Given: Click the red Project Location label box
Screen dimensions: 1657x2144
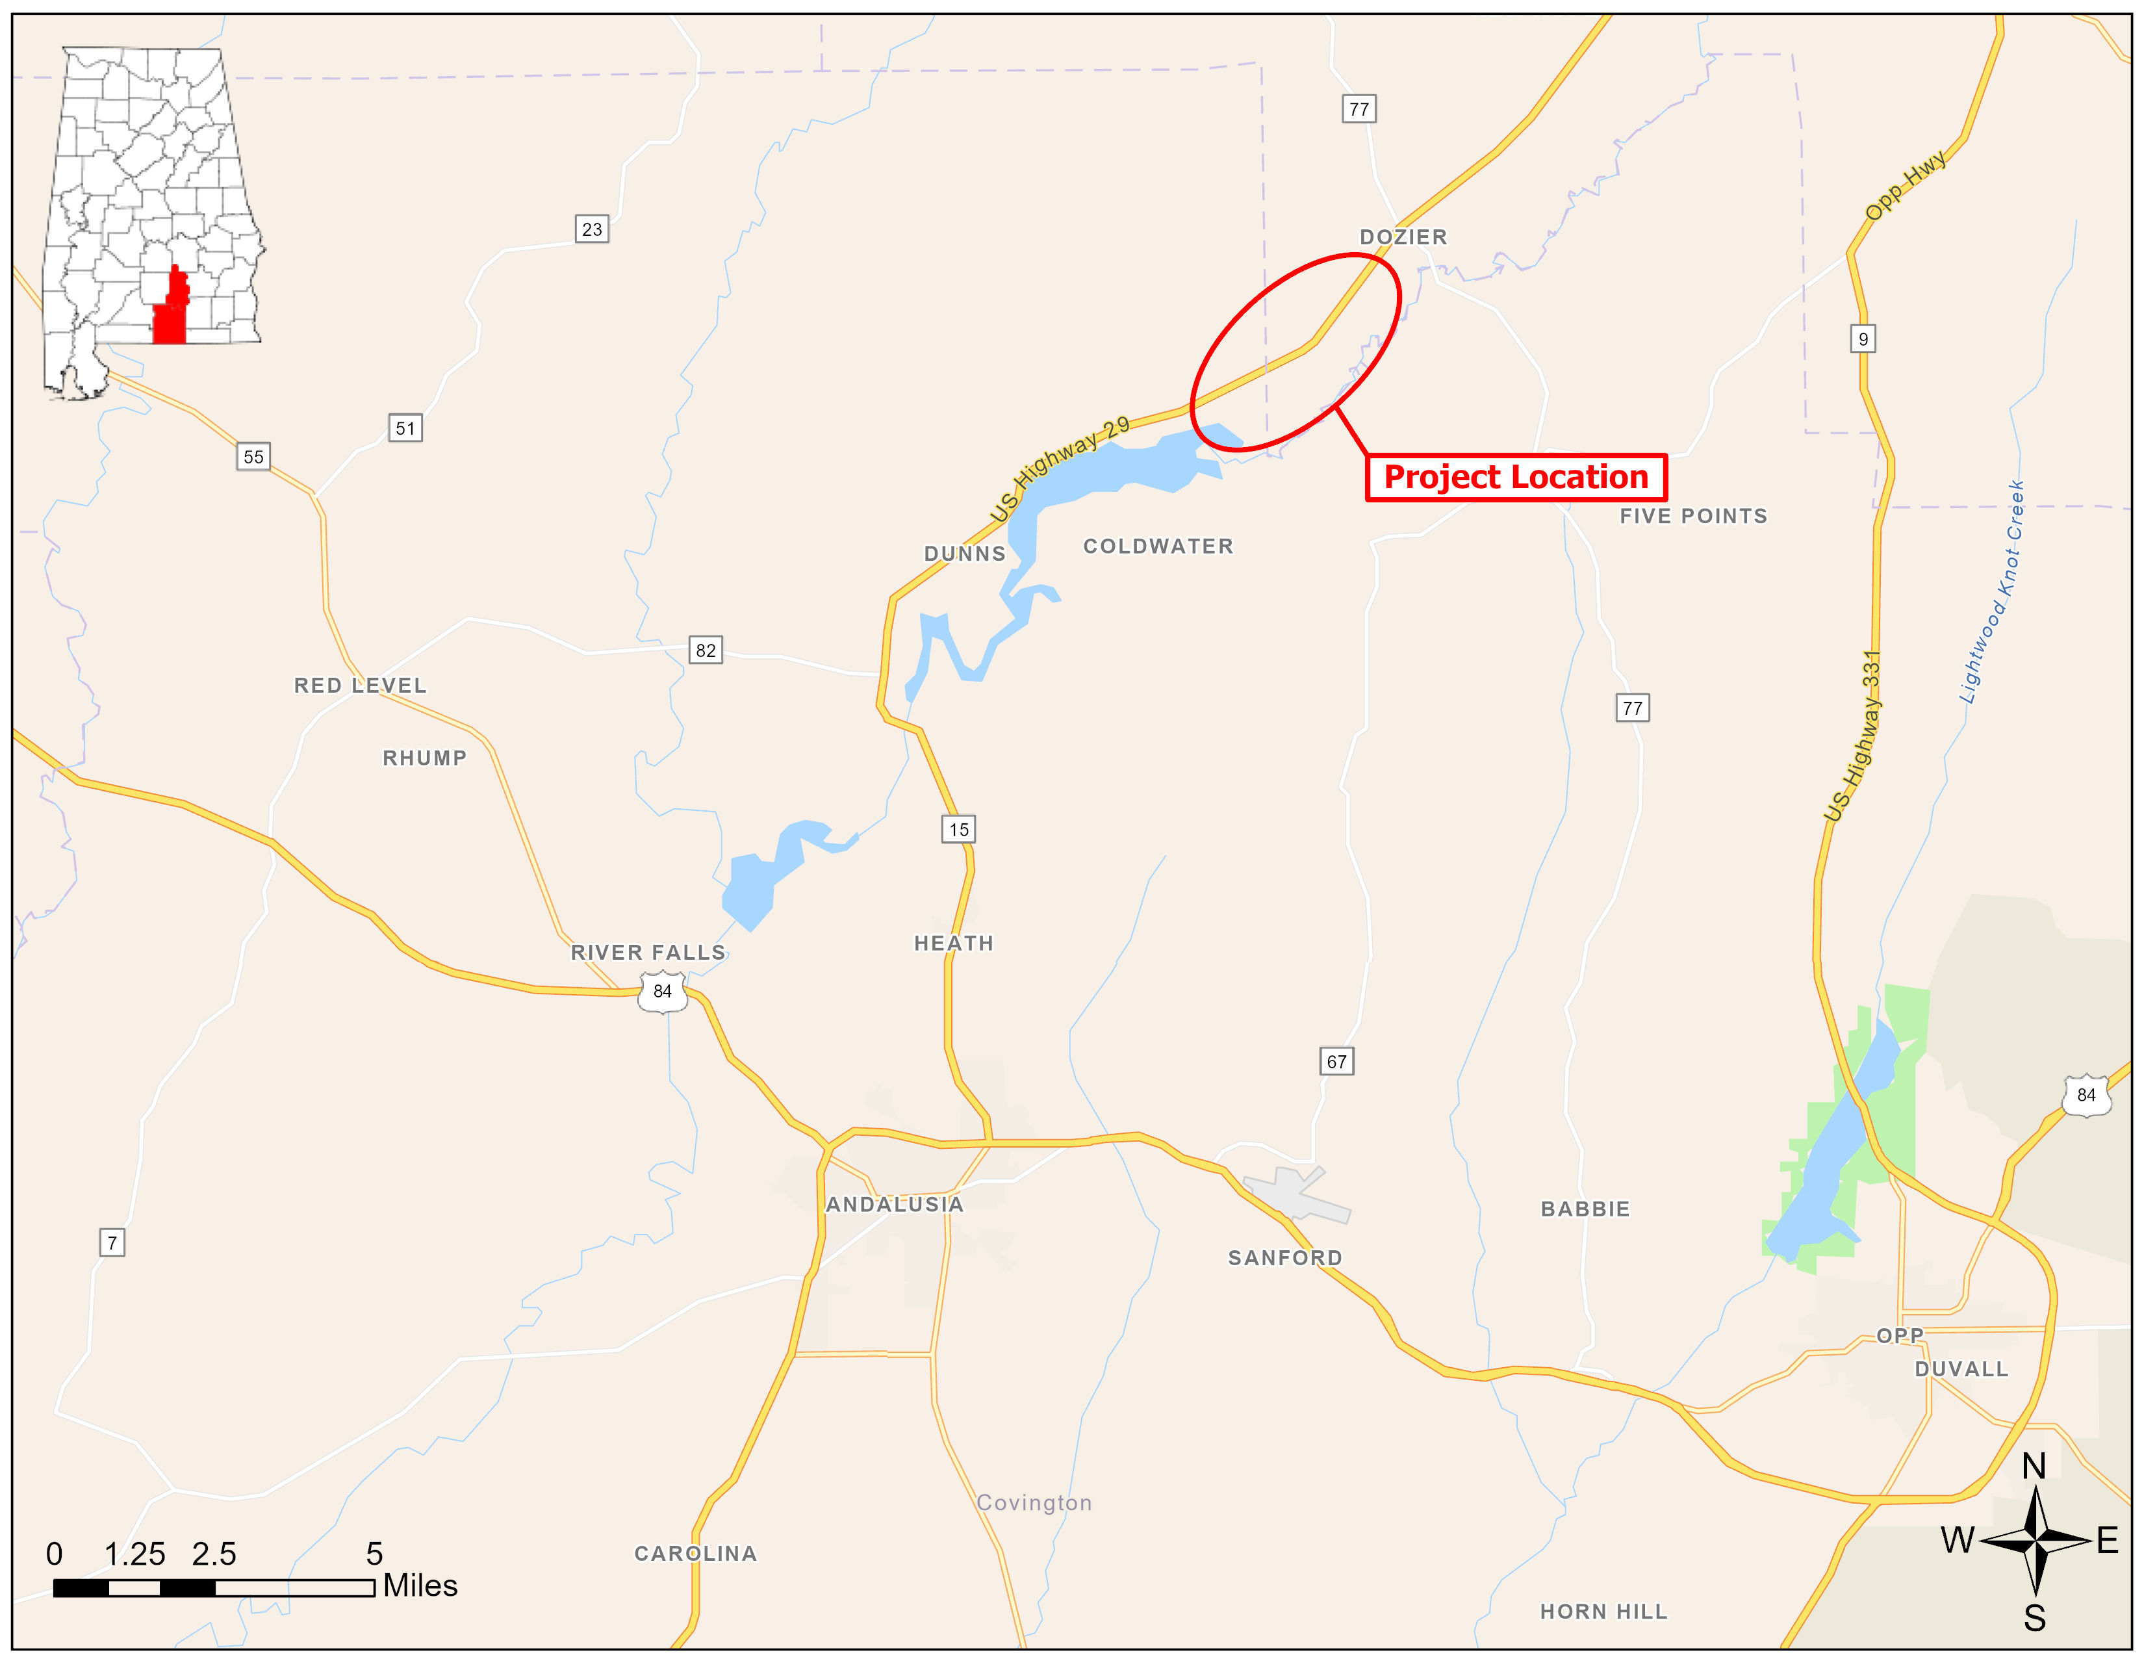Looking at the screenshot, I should click(x=1516, y=477).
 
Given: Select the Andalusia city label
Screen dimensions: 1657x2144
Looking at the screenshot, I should click(x=895, y=1205).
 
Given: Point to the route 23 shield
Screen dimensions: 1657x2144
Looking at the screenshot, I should click(x=592, y=229).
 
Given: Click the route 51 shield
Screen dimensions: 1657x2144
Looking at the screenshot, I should click(x=405, y=428).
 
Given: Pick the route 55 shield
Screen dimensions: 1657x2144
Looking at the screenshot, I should click(x=253, y=456).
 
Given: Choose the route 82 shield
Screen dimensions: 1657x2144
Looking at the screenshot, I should click(x=706, y=650).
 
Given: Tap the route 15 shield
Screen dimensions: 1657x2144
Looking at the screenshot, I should click(x=959, y=830).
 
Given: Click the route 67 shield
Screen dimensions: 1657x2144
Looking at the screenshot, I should click(x=1336, y=1061).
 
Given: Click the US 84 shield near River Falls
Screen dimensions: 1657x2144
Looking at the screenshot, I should click(x=663, y=992).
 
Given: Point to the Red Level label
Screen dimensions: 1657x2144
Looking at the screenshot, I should click(x=361, y=685).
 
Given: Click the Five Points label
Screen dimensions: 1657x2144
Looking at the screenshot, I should click(x=1693, y=517).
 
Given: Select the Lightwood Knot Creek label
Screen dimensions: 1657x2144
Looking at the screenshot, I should click(x=1991, y=592).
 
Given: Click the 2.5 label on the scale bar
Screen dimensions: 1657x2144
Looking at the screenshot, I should click(x=214, y=1554).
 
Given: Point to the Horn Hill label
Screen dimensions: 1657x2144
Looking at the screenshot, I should click(x=1603, y=1611).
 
